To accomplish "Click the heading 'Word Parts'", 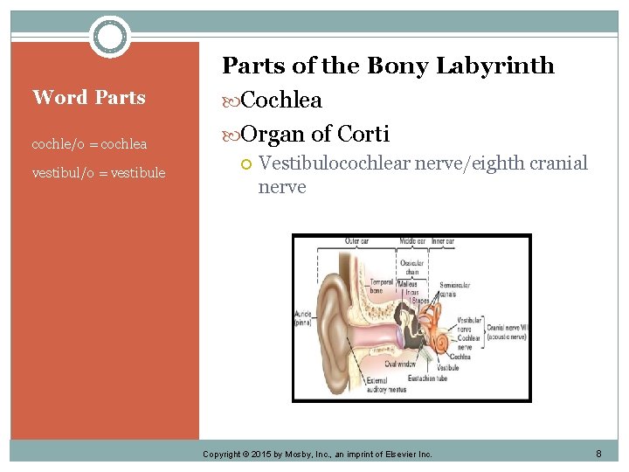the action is coord(89,97).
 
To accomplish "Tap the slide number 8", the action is coord(598,454).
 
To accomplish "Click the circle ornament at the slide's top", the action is coord(110,37).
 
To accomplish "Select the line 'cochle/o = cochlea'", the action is coord(89,143).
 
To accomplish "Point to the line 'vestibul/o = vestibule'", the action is coord(99,173).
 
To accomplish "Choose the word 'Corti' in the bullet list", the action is coord(363,134).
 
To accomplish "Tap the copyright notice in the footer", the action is coord(317,455).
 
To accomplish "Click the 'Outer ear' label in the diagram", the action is coord(357,241).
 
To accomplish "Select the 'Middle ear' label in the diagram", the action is coord(412,241).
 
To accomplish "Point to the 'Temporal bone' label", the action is coord(381,286).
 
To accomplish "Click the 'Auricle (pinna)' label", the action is coord(304,317).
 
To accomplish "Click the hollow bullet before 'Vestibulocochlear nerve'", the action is coord(246,163).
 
